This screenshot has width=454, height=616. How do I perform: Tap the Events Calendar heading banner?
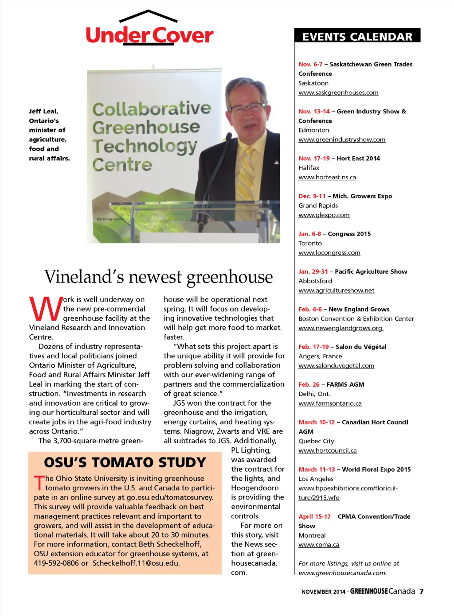[357, 36]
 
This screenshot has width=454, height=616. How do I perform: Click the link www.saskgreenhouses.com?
[338, 93]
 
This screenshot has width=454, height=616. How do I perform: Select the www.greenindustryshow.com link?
[342, 139]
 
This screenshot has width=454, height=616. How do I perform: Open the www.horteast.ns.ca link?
[327, 177]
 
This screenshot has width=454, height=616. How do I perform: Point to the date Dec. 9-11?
[312, 196]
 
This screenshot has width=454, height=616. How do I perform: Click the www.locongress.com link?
[329, 253]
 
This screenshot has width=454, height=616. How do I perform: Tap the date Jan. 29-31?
[313, 271]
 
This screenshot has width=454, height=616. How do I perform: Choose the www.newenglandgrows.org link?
[340, 328]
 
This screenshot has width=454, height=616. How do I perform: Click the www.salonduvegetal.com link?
[336, 366]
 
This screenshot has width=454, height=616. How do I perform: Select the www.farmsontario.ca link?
[330, 403]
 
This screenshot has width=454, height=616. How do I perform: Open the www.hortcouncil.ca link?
[327, 450]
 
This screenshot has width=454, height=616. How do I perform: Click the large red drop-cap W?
[45, 308]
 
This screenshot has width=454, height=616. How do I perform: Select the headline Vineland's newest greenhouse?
[158, 277]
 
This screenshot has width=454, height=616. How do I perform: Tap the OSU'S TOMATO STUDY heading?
[125, 462]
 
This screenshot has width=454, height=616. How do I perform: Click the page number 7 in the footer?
[422, 591]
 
